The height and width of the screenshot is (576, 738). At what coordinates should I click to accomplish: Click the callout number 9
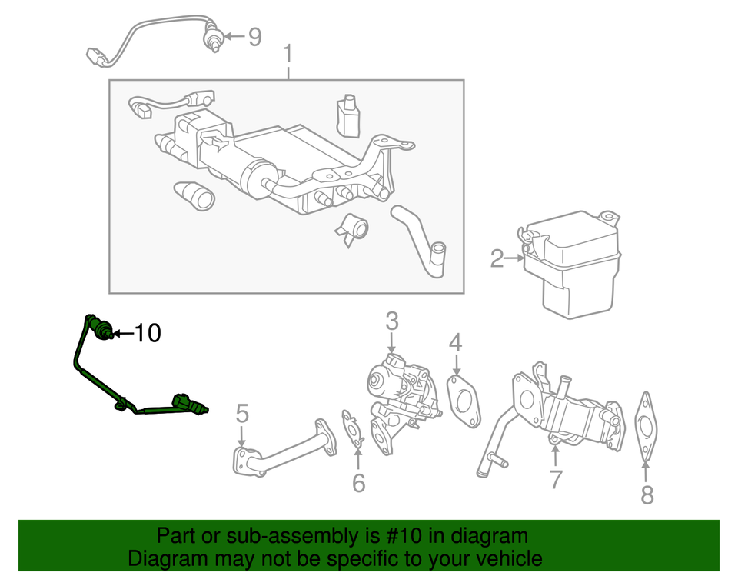click(254, 37)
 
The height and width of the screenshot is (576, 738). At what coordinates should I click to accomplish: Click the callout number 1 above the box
click(288, 55)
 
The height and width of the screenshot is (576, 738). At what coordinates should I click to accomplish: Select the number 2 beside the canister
click(497, 260)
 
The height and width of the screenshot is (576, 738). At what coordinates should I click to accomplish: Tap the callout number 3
click(392, 321)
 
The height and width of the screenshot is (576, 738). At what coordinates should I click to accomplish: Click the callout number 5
click(242, 415)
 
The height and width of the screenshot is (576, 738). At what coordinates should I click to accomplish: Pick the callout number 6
click(358, 483)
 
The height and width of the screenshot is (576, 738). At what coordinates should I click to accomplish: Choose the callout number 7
click(555, 478)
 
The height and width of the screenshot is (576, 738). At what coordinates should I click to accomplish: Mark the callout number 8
click(647, 495)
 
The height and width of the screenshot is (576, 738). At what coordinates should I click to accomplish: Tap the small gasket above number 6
click(353, 428)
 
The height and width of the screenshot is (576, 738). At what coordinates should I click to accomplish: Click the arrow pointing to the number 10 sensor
click(122, 334)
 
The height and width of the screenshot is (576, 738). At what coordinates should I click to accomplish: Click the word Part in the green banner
click(175, 536)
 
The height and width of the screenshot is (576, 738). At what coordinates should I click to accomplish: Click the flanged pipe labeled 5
click(284, 448)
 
